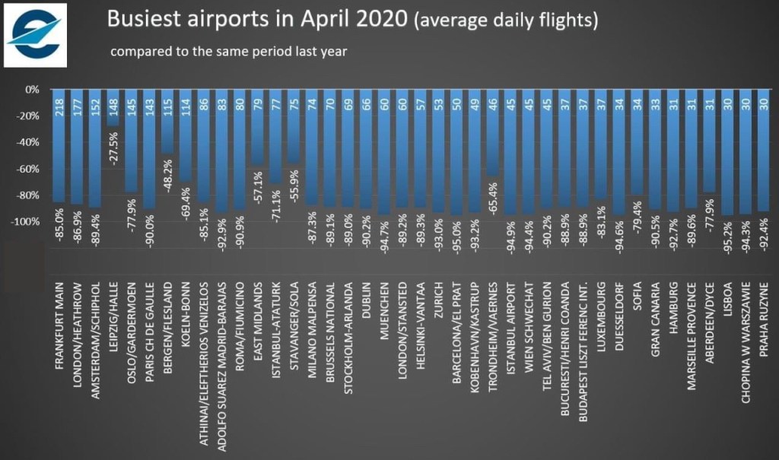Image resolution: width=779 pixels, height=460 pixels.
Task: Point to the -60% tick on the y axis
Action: pyautogui.click(x=30, y=169)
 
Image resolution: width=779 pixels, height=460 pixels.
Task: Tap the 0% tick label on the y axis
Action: pyautogui.click(x=33, y=90)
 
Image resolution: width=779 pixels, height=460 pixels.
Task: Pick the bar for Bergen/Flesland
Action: pyautogui.click(x=167, y=122)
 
